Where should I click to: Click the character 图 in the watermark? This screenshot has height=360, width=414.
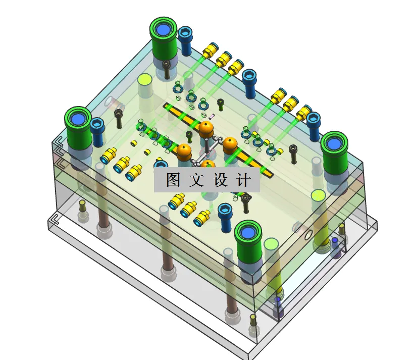(172, 180)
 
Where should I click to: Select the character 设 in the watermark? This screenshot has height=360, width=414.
(220, 180)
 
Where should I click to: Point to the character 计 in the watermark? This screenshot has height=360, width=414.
(243, 180)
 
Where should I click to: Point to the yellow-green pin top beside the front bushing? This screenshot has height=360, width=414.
(271, 245)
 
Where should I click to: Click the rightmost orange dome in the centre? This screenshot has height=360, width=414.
(230, 145)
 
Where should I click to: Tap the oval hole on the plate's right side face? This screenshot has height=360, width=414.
(307, 235)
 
